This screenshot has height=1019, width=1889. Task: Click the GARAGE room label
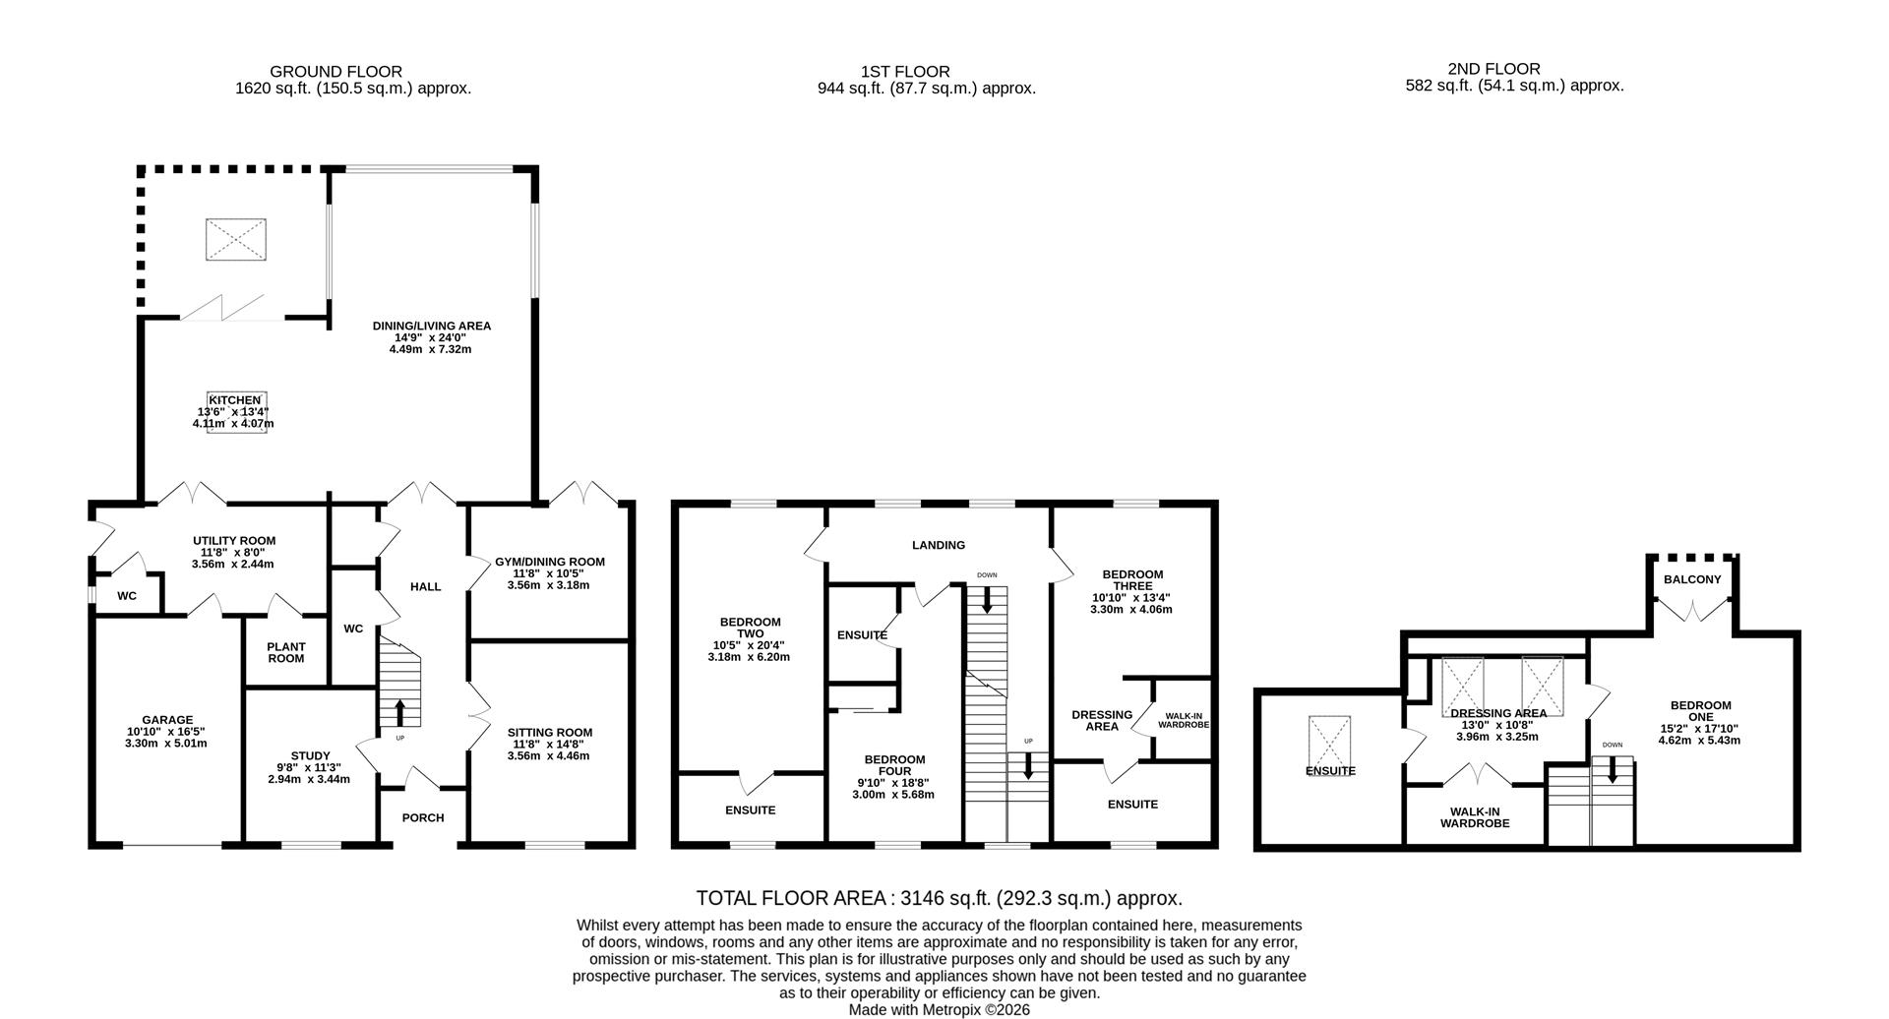[166, 720]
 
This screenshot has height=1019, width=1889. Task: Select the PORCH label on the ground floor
[423, 817]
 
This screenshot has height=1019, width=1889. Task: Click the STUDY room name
[310, 755]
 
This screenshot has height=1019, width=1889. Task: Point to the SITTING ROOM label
[550, 732]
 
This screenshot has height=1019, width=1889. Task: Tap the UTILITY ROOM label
[234, 540]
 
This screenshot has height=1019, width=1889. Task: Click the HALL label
[425, 586]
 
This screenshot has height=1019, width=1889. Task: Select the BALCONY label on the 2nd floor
[1692, 579]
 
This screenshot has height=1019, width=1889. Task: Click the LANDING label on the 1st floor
[938, 545]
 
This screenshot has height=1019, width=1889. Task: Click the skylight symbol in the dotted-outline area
[235, 239]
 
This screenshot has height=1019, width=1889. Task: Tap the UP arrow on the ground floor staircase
[400, 711]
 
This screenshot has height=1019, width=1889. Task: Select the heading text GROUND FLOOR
[335, 71]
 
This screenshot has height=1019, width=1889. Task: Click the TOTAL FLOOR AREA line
[939, 898]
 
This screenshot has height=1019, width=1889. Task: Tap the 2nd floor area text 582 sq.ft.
[1514, 86]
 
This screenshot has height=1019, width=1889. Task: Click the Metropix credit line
[939, 1009]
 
